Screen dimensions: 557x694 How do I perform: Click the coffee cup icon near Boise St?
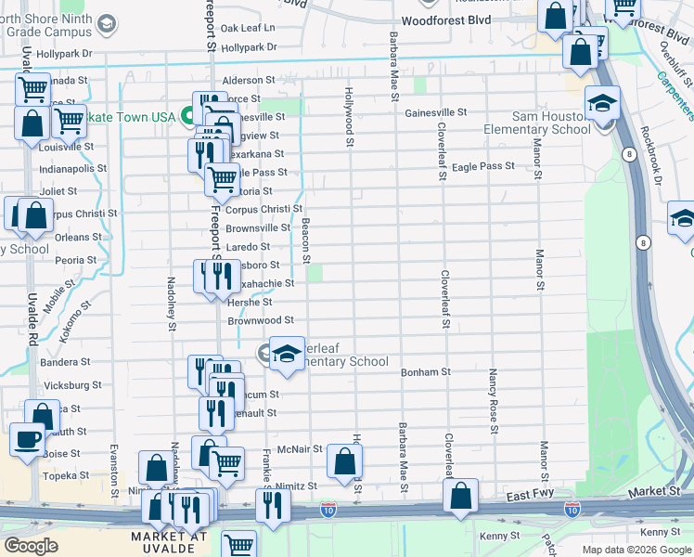pyautogui.click(x=27, y=438)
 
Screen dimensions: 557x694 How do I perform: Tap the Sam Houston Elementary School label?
pyautogui.click(x=551, y=123)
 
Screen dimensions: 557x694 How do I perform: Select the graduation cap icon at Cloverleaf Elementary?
pyautogui.click(x=288, y=353)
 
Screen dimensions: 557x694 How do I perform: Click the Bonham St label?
pyautogui.click(x=425, y=372)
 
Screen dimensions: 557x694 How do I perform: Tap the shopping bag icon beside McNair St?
pyautogui.click(x=344, y=460)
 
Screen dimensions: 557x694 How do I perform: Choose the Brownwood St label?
pyautogui.click(x=261, y=320)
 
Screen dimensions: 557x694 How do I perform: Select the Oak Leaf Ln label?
pyautogui.click(x=248, y=29)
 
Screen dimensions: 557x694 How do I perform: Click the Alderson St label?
pyautogui.click(x=248, y=81)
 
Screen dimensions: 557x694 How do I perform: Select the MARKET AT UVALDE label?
pyautogui.click(x=169, y=542)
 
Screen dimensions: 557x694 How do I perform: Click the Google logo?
pyautogui.click(x=31, y=546)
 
